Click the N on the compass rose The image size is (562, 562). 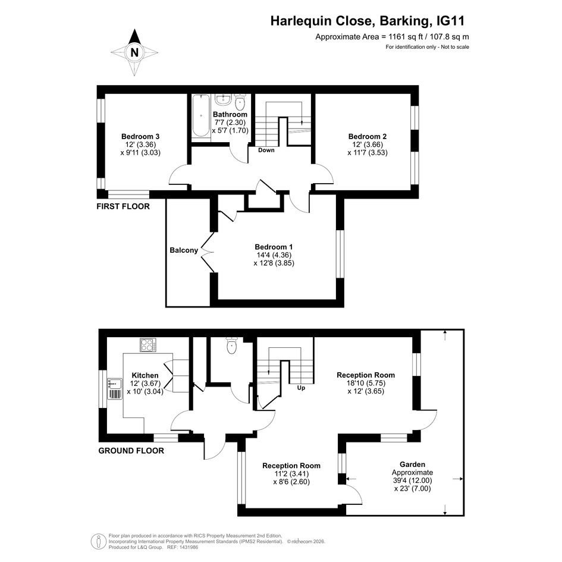134,53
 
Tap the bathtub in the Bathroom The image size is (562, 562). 201,115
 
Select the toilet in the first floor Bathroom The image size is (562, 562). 240,102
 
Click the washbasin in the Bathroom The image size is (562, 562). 224,99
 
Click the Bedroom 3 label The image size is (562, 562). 140,137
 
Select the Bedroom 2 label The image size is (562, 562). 368,137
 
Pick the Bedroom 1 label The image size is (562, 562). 274,247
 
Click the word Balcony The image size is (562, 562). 184,250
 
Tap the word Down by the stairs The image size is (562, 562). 266,150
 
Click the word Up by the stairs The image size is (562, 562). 301,388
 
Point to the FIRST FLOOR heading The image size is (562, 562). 123,206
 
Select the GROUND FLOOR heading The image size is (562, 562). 131,451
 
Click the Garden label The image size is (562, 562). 413,464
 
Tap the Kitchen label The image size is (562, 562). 145,375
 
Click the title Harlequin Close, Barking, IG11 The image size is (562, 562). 368,21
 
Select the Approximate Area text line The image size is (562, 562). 392,36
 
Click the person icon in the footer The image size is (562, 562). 98,541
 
